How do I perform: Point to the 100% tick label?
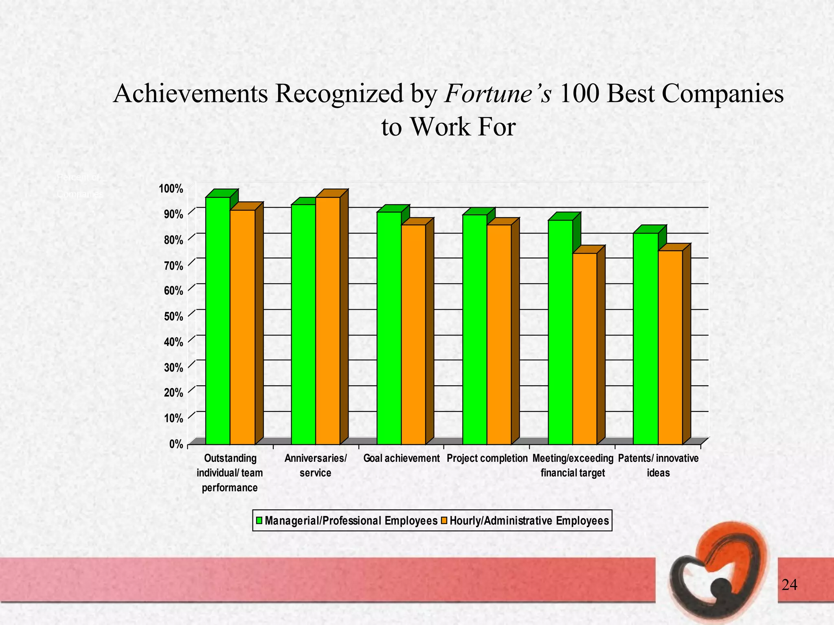(171, 188)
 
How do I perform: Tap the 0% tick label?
(176, 444)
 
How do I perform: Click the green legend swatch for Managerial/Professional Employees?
(259, 521)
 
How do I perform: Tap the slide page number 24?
(790, 585)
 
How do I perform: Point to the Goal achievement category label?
(402, 459)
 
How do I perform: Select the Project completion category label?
(487, 459)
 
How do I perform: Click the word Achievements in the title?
(191, 94)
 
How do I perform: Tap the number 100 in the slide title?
(579, 94)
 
